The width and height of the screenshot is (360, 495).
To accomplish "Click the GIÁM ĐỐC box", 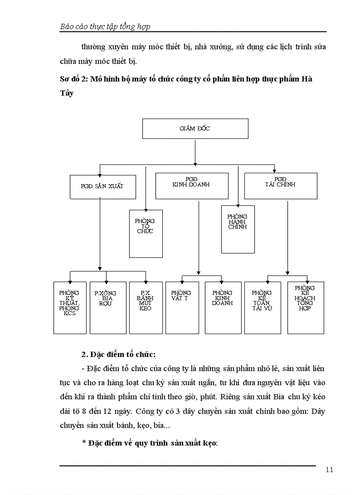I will click(195, 129).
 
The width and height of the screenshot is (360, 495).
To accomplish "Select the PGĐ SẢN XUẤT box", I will click(102, 186).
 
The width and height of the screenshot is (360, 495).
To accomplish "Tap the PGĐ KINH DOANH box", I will click(191, 186).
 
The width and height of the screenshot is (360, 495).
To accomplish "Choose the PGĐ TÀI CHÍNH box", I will click(281, 186).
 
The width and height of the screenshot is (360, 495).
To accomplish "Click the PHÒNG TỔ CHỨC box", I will click(146, 233).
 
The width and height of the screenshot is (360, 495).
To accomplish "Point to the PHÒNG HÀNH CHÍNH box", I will click(237, 229).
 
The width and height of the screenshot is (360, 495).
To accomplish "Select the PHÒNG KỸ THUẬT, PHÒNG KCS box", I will click(70, 307).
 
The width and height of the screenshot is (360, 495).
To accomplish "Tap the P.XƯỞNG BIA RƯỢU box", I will click(108, 307).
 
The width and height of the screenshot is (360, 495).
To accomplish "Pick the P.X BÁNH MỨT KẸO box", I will click(146, 307).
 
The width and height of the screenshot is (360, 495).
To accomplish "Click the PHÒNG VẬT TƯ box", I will click(182, 307).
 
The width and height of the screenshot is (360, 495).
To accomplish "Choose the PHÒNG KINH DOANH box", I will click(222, 307).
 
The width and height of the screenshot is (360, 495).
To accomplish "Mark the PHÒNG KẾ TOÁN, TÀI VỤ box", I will click(262, 307).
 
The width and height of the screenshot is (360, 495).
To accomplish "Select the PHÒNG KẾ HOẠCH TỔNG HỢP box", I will click(305, 307).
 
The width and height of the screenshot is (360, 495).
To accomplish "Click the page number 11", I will click(329, 469).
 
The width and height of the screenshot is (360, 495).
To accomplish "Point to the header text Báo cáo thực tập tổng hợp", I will click(105, 26).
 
